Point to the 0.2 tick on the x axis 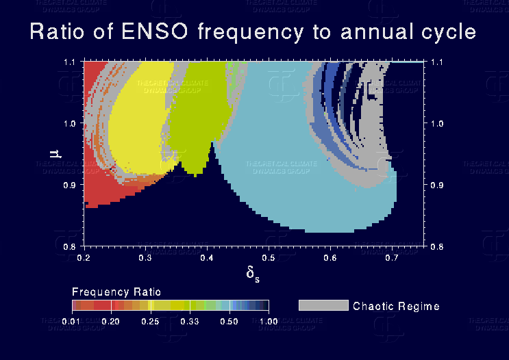[84, 257]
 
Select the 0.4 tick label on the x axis [208, 257]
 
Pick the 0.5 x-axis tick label [269, 257]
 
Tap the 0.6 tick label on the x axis [331, 257]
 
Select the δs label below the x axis [253, 274]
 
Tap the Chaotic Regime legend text [395, 306]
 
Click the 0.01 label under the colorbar [81, 320]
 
